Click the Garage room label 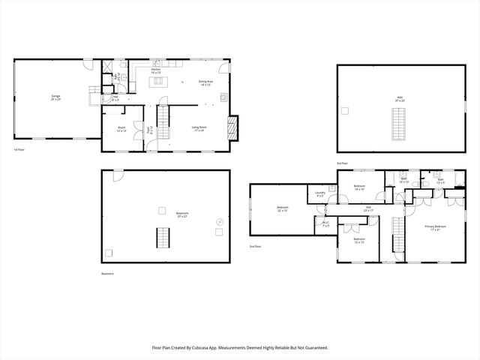(x=55, y=97)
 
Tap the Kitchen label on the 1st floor (x=156, y=68)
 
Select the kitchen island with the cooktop (x=158, y=81)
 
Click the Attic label (x=400, y=97)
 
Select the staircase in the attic (x=400, y=124)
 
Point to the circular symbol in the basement (x=218, y=223)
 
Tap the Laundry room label (x=320, y=196)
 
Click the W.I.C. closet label (x=326, y=223)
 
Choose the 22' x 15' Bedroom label (x=283, y=208)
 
